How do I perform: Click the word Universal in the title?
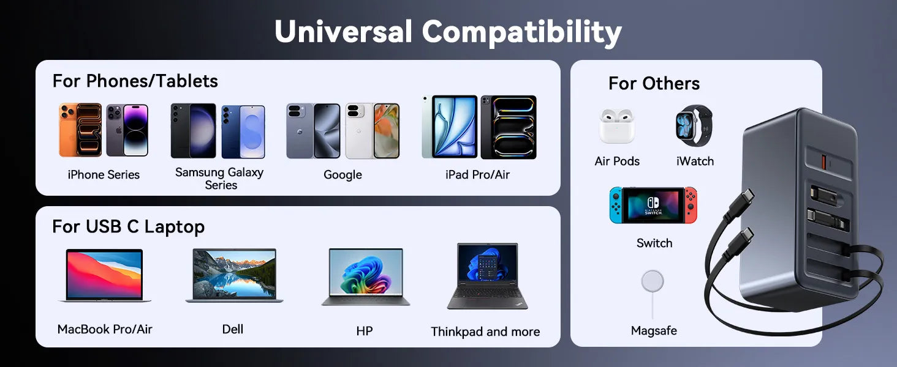point(344,32)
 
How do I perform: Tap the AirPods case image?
point(616,126)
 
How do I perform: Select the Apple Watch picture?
point(694,125)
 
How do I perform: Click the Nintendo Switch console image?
point(653,205)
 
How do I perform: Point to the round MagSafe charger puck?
point(653,281)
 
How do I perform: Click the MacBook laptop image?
point(105,275)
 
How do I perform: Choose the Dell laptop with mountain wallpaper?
point(234,275)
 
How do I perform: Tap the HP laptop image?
point(366,276)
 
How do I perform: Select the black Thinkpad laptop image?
point(487,276)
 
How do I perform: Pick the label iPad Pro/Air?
point(477,175)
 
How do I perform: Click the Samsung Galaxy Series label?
point(219,179)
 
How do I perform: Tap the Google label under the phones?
point(343,175)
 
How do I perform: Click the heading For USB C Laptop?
point(129,227)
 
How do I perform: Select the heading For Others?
point(654,84)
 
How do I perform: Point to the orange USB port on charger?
point(823,162)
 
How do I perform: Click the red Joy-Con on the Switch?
point(691,205)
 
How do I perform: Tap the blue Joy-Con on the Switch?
point(616,205)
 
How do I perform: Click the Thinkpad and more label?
point(485,332)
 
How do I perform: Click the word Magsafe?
point(654,331)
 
